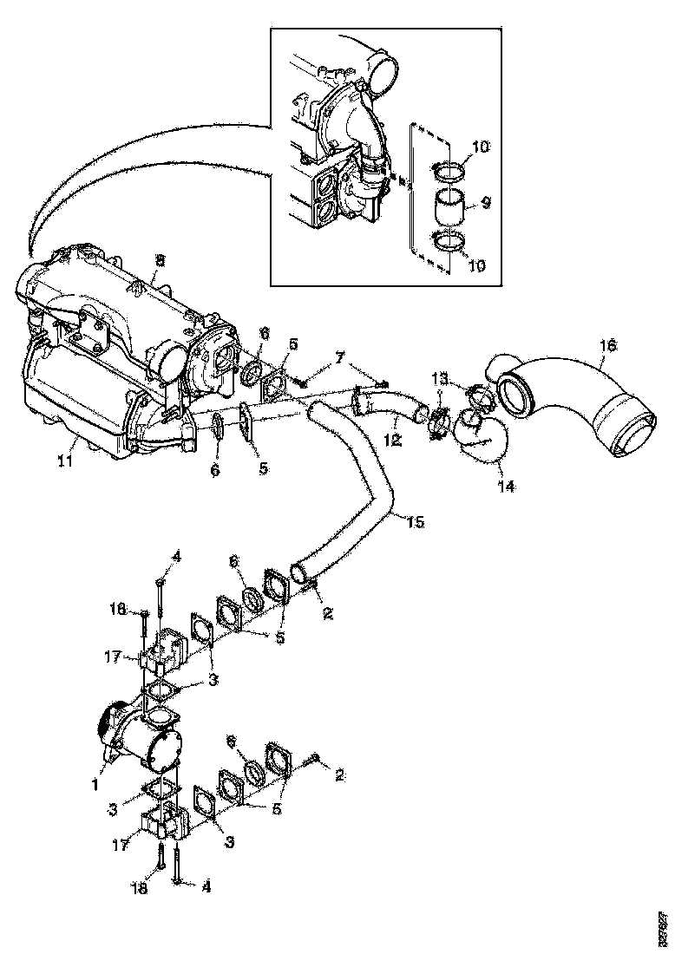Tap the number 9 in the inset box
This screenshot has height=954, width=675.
pyautogui.click(x=486, y=204)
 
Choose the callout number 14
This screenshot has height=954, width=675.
pyautogui.click(x=507, y=487)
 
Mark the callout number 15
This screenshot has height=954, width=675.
pyautogui.click(x=416, y=522)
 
